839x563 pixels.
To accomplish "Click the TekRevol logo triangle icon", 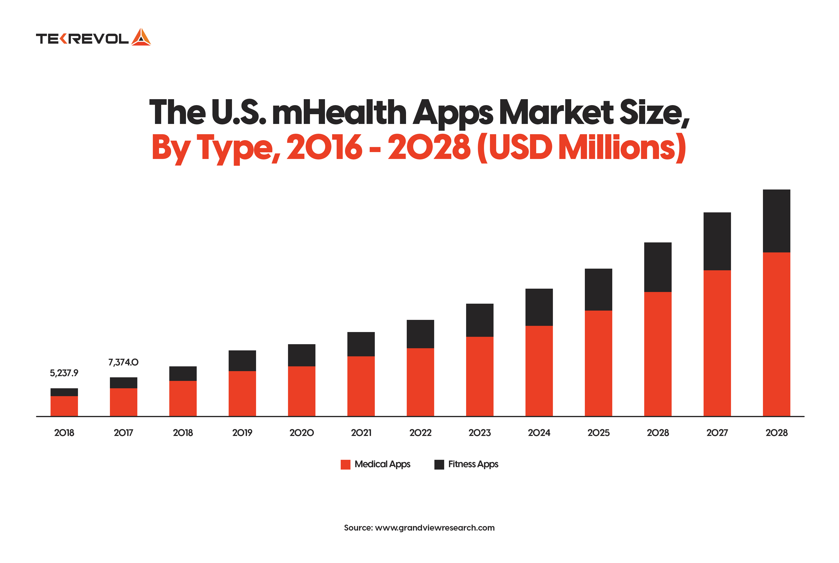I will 141,37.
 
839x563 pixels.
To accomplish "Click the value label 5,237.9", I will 64,373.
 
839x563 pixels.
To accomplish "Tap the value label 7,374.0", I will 123,362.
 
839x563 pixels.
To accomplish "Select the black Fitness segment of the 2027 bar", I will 717,241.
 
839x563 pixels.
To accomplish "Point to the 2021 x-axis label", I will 361,433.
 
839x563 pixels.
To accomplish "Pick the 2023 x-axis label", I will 479,433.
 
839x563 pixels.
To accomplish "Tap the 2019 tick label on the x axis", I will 242,433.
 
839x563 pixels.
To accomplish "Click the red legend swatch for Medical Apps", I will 345,464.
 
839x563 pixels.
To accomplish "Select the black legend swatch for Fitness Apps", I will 439,464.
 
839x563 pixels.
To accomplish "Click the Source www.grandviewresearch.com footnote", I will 419,528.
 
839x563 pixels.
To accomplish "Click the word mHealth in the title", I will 339,113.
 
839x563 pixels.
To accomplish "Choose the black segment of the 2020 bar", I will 301,355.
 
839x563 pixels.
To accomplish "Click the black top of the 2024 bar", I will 539,307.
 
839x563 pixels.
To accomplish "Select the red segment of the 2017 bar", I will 123,402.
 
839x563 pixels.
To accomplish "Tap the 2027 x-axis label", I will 717,433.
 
